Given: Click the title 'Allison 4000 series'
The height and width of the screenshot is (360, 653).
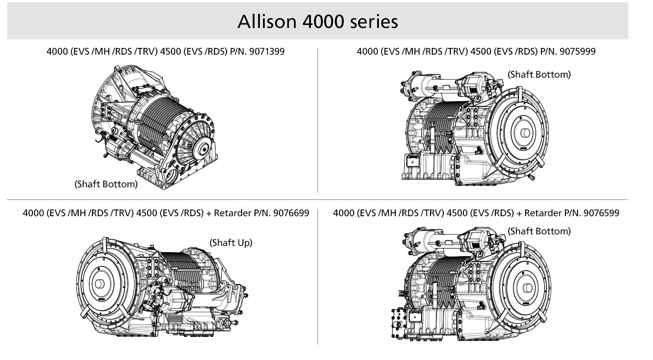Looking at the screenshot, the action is (318, 22).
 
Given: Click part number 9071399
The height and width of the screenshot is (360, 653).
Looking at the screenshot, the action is (267, 51).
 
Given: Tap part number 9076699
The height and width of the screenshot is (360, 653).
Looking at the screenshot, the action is (291, 213).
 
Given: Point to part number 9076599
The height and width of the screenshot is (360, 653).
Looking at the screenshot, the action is (601, 213).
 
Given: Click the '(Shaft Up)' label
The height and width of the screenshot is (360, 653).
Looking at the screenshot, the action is (231, 243).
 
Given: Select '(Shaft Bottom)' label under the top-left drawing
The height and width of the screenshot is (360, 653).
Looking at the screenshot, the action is (106, 184).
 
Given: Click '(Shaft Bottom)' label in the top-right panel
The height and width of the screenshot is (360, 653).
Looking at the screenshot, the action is (539, 75).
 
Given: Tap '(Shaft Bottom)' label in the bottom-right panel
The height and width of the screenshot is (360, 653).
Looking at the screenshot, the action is (539, 231).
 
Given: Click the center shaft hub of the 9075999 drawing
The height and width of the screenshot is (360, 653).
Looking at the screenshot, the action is (526, 133).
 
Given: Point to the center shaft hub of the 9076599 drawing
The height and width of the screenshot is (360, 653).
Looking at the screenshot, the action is (528, 288).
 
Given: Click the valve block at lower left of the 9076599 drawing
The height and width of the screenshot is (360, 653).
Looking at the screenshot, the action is (399, 323).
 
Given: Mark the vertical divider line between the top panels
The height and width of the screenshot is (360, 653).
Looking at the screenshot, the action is (318, 120).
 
